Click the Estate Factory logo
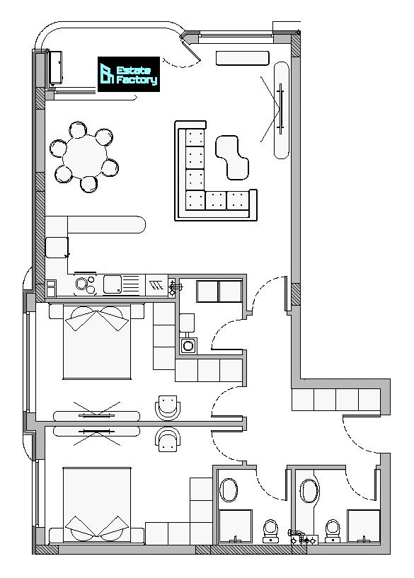(x=129, y=74)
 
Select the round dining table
(x=85, y=156)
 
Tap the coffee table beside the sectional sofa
(x=232, y=157)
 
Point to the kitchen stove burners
(x=86, y=284)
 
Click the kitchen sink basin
(x=113, y=284)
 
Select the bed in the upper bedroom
(x=96, y=342)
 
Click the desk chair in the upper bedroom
(x=168, y=408)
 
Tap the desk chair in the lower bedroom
(x=168, y=439)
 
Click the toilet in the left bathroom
(x=271, y=531)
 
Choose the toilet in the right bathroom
(x=333, y=531)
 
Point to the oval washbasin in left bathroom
(x=229, y=490)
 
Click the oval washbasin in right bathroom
(x=309, y=491)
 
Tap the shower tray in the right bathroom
(x=364, y=526)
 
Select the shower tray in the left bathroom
(x=235, y=526)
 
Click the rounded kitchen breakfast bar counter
(x=107, y=224)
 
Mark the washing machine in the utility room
(x=188, y=346)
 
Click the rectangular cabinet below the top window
(x=242, y=59)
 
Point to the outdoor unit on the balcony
(x=56, y=68)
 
